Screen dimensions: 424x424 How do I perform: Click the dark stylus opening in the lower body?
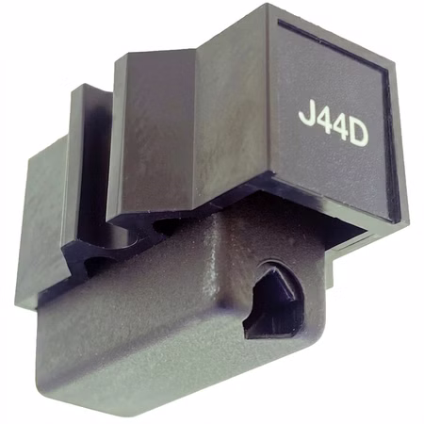pyautogui.click(x=272, y=301)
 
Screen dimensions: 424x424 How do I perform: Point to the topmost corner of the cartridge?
pyautogui.click(x=268, y=4)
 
